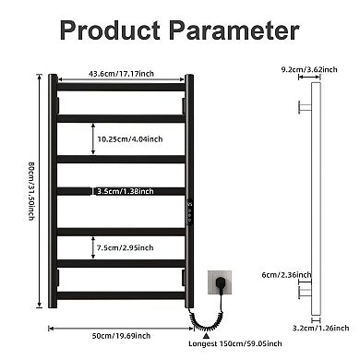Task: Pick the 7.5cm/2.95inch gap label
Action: (125, 247)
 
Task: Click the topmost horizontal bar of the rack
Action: (123, 89)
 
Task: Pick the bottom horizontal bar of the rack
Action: (123, 295)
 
